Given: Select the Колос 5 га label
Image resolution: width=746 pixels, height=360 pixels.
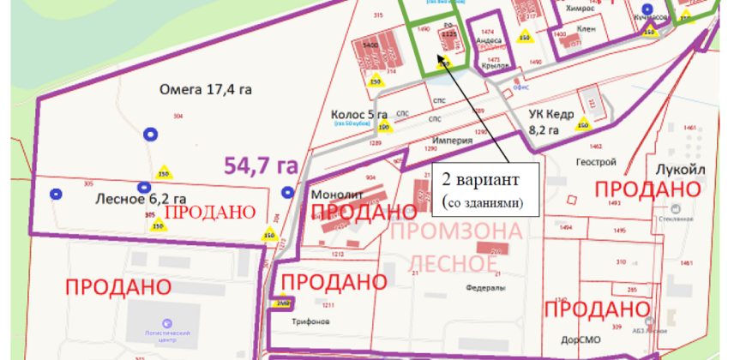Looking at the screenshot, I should pos(359,114).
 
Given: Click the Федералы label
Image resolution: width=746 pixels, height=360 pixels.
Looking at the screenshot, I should pos(485,288).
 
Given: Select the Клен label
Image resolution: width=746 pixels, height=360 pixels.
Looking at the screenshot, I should pos(587,29).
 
